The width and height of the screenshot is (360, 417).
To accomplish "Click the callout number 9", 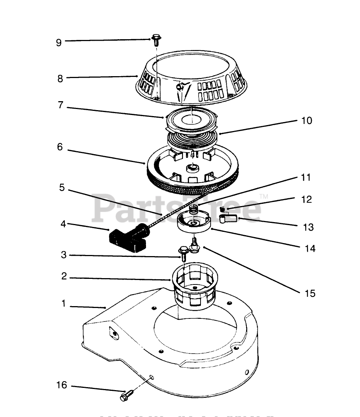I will click(59, 42).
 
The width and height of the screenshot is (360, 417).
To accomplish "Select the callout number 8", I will click(60, 78).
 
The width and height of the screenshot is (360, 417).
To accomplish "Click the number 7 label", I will click(60, 105).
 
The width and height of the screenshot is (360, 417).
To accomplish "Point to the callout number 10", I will click(307, 121).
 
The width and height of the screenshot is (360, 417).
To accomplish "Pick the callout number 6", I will click(60, 147).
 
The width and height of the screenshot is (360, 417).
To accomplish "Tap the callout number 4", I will click(63, 224).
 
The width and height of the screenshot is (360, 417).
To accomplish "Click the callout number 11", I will click(306, 177).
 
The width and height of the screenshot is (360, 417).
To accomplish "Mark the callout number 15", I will click(310, 293).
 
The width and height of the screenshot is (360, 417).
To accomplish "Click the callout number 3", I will click(63, 255).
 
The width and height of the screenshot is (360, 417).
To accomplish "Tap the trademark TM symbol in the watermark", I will click(264, 196).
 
